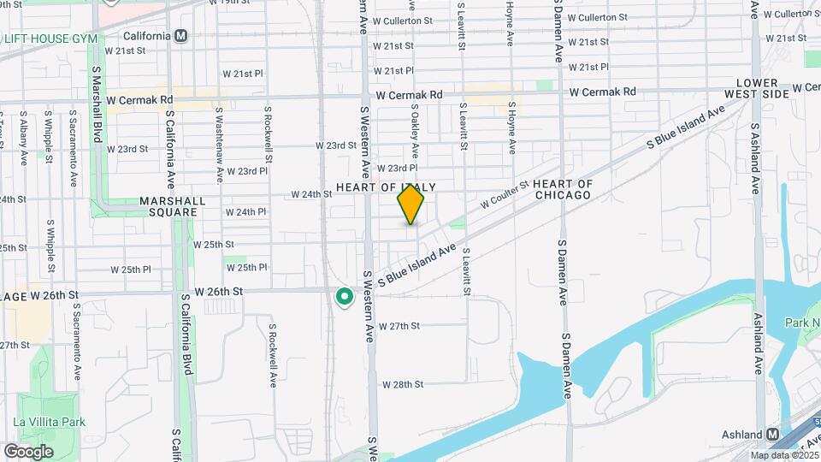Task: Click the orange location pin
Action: point(410,204)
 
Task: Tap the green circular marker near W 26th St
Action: point(345,297)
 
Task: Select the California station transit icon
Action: point(180,36)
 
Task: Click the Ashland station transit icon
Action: point(774,434)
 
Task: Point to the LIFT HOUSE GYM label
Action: point(51,38)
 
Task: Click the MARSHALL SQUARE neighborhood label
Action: point(174,207)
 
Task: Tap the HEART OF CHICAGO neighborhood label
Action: point(562,189)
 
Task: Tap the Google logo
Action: point(28,451)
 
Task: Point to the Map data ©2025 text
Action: point(784,456)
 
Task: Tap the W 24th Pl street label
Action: point(245,211)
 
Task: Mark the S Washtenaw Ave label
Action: point(220,144)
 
